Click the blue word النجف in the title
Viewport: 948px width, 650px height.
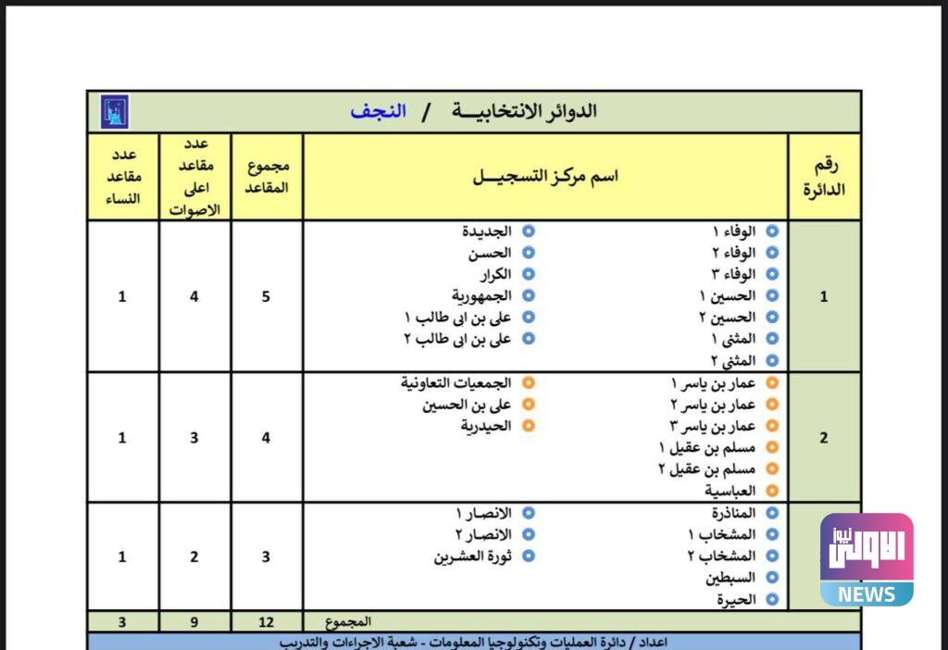(x=378, y=111)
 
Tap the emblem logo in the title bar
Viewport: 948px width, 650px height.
(x=114, y=111)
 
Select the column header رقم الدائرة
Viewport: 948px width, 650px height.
(x=824, y=177)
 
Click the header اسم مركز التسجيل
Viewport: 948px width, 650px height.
(x=546, y=176)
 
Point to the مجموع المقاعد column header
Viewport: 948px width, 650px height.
(x=268, y=176)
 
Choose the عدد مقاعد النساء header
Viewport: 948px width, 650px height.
(x=122, y=176)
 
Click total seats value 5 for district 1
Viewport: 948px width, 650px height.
(x=267, y=297)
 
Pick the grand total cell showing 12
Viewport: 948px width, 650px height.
(x=267, y=622)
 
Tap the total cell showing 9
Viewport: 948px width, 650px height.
(x=194, y=622)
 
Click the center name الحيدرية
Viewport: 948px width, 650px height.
(x=486, y=426)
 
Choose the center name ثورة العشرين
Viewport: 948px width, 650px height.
(x=472, y=556)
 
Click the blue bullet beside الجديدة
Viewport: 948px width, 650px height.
(x=528, y=231)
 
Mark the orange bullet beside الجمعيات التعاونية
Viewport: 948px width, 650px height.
(x=528, y=382)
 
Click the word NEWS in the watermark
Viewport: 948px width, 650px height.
(x=866, y=594)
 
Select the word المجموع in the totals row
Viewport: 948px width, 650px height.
(x=349, y=621)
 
